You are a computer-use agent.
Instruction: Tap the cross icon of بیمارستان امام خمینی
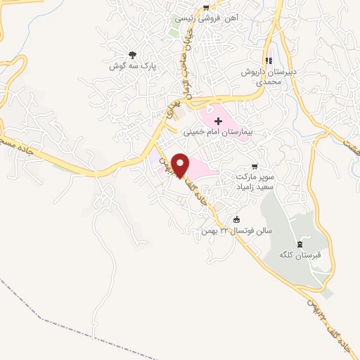click(217, 122)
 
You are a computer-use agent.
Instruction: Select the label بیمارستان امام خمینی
click(217, 132)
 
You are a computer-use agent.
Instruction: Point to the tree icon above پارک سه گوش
click(131, 54)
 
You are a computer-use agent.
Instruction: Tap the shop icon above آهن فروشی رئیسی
click(205, 8)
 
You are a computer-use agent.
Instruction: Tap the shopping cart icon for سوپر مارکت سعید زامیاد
click(254, 167)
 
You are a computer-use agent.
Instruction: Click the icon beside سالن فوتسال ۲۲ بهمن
click(236, 218)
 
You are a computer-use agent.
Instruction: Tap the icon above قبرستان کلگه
click(300, 243)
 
